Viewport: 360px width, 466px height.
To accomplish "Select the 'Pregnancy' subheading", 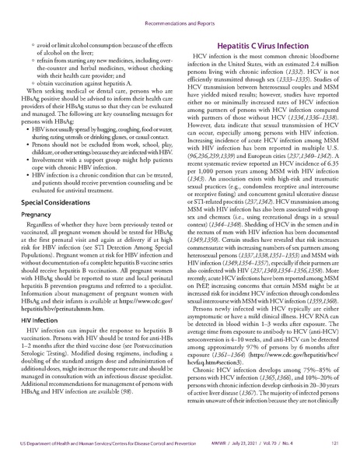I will click(x=37, y=213).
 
